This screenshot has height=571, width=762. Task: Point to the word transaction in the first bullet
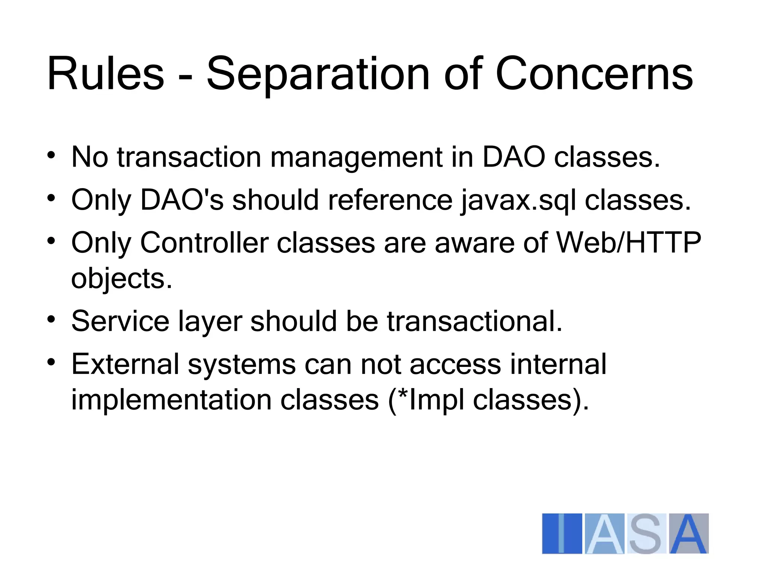(x=189, y=158)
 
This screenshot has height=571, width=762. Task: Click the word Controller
(x=204, y=243)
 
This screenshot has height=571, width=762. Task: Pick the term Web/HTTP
(x=628, y=243)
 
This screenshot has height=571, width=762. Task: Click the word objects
(x=122, y=279)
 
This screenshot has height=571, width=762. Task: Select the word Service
(x=120, y=321)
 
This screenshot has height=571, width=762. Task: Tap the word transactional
(x=474, y=321)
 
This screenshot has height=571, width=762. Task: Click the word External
(x=125, y=364)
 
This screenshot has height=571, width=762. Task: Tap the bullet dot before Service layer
(x=51, y=319)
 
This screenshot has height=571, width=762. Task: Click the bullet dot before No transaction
(x=51, y=155)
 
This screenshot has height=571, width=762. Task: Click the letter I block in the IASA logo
(x=562, y=534)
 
